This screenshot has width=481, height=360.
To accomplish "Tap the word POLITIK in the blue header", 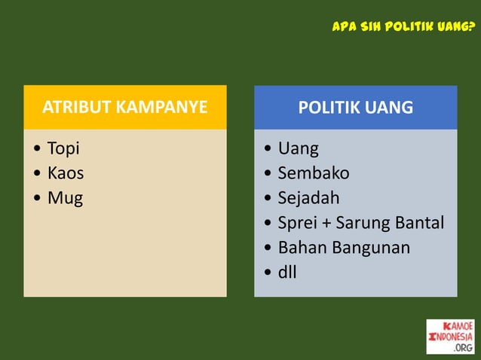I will coord(329,107).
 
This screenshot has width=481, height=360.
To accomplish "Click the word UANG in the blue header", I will coord(388,107).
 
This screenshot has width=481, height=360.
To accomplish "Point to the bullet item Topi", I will coord(63,148).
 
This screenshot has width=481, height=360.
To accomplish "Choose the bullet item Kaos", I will coord(66,173).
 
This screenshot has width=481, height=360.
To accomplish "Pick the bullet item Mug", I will coord(65,199).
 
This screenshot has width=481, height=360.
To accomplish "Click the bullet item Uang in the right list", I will coord(298,148).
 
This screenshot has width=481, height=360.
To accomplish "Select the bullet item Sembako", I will coord(313,173).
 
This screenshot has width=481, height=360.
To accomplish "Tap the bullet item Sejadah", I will coord(308,198).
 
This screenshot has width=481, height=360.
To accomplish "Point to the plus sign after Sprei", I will coord(328,224).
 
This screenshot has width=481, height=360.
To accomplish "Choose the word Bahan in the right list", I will coord(300,247).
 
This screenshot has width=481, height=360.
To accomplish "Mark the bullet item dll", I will coord(287,272).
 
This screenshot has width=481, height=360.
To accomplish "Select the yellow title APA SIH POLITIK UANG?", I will coord(403,28).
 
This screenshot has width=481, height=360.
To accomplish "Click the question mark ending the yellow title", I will coord(471,28).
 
